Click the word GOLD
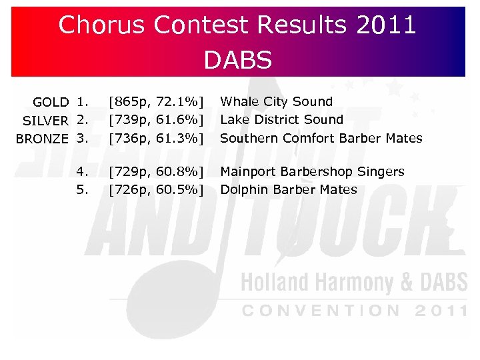51,102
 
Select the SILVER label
45,121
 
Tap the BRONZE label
42,139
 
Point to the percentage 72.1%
179,102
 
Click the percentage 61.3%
179,139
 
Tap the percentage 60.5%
179,190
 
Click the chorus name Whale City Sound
276,101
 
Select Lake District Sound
281,120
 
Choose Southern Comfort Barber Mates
321,139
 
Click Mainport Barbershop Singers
312,172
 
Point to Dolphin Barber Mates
288,190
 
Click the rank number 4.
82,172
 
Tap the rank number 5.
82,190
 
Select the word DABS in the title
238,60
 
